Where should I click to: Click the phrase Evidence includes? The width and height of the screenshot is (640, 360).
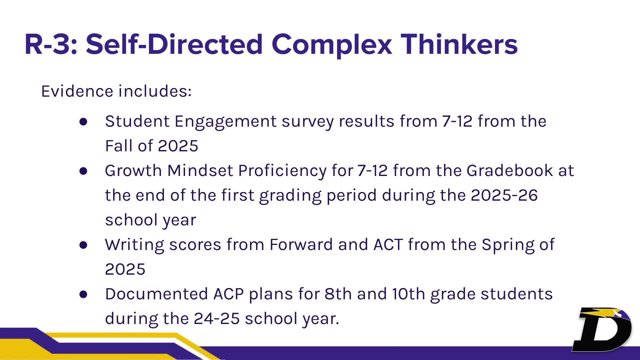click(x=116, y=91)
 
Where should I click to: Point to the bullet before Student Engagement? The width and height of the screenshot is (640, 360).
click(x=83, y=122)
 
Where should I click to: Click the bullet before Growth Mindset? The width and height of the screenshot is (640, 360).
click(x=83, y=171)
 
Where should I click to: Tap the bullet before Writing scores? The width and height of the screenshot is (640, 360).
click(x=83, y=245)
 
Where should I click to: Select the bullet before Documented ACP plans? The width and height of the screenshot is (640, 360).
click(x=83, y=294)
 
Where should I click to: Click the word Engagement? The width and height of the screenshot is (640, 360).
click(x=225, y=121)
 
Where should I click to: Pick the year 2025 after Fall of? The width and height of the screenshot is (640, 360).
click(x=178, y=146)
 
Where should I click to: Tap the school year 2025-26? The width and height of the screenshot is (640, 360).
click(x=504, y=195)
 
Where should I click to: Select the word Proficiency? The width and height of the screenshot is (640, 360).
click(x=282, y=171)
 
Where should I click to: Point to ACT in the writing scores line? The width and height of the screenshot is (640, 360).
click(x=388, y=245)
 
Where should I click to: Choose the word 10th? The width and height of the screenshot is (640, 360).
click(x=408, y=294)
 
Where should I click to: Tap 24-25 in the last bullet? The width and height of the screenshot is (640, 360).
click(x=217, y=319)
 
